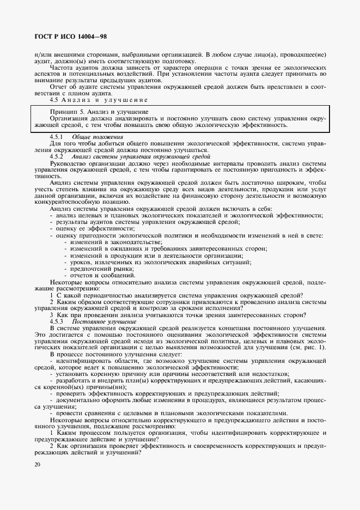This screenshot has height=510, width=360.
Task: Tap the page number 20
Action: [x=37, y=464]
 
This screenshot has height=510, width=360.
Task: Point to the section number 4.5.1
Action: [x=56, y=136]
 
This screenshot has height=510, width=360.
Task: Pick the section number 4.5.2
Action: [x=56, y=156]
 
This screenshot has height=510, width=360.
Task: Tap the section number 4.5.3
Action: [x=56, y=321]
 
